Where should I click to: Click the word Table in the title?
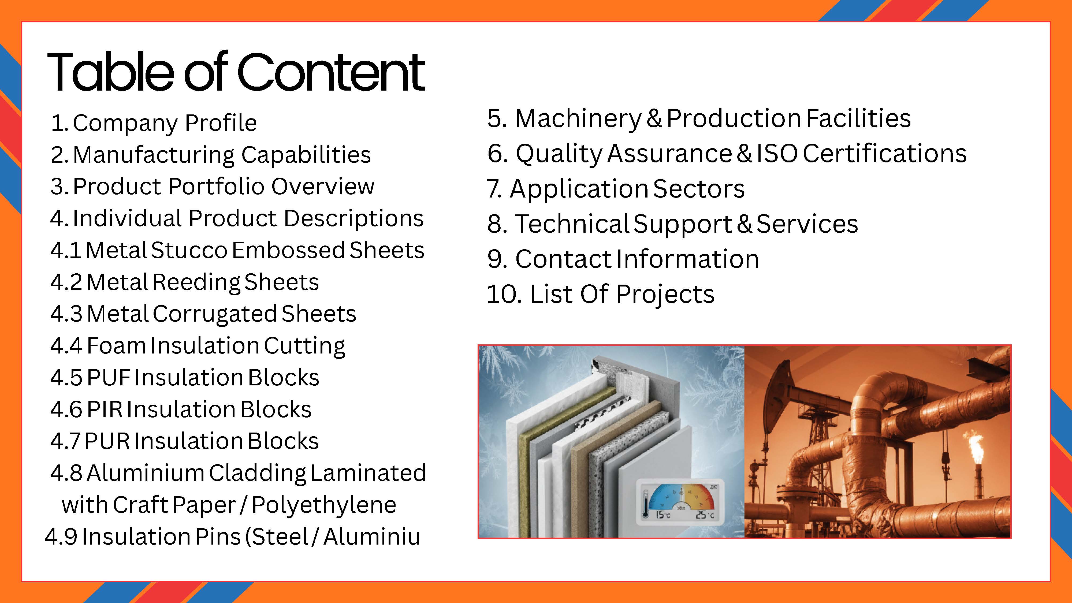tap(110, 71)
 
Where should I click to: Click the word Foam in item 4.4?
tap(117, 346)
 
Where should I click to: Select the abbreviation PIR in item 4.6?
tap(105, 410)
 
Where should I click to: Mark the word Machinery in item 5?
tap(578, 119)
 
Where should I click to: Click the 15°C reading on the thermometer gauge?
tap(663, 515)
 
